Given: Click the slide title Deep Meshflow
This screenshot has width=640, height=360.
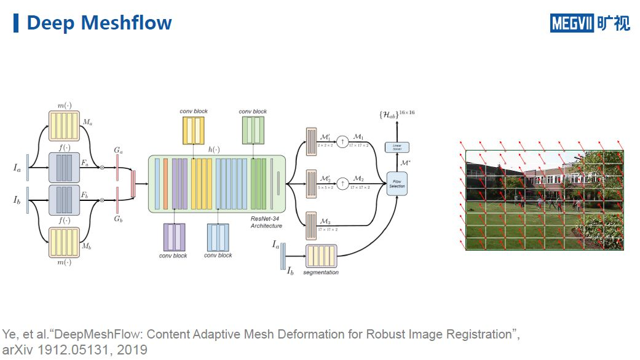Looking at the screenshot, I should click(99, 23).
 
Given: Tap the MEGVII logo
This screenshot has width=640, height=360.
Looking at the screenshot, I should click(590, 23).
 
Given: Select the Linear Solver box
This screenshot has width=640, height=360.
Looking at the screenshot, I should click(397, 146).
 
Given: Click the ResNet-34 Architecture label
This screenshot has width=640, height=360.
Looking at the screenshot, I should click(266, 223).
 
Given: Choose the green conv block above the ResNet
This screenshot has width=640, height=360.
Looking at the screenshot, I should click(253, 130).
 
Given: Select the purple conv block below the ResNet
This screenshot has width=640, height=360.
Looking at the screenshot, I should click(175, 237).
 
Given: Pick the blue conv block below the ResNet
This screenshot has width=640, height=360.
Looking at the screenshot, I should click(218, 237).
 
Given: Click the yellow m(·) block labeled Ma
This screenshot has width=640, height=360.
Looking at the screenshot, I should click(63, 126).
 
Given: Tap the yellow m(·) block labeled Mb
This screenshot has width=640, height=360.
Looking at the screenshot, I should click(63, 243).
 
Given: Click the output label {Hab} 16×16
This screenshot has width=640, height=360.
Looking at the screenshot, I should click(397, 115).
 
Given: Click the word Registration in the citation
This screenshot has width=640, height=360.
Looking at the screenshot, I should click(473, 335).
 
